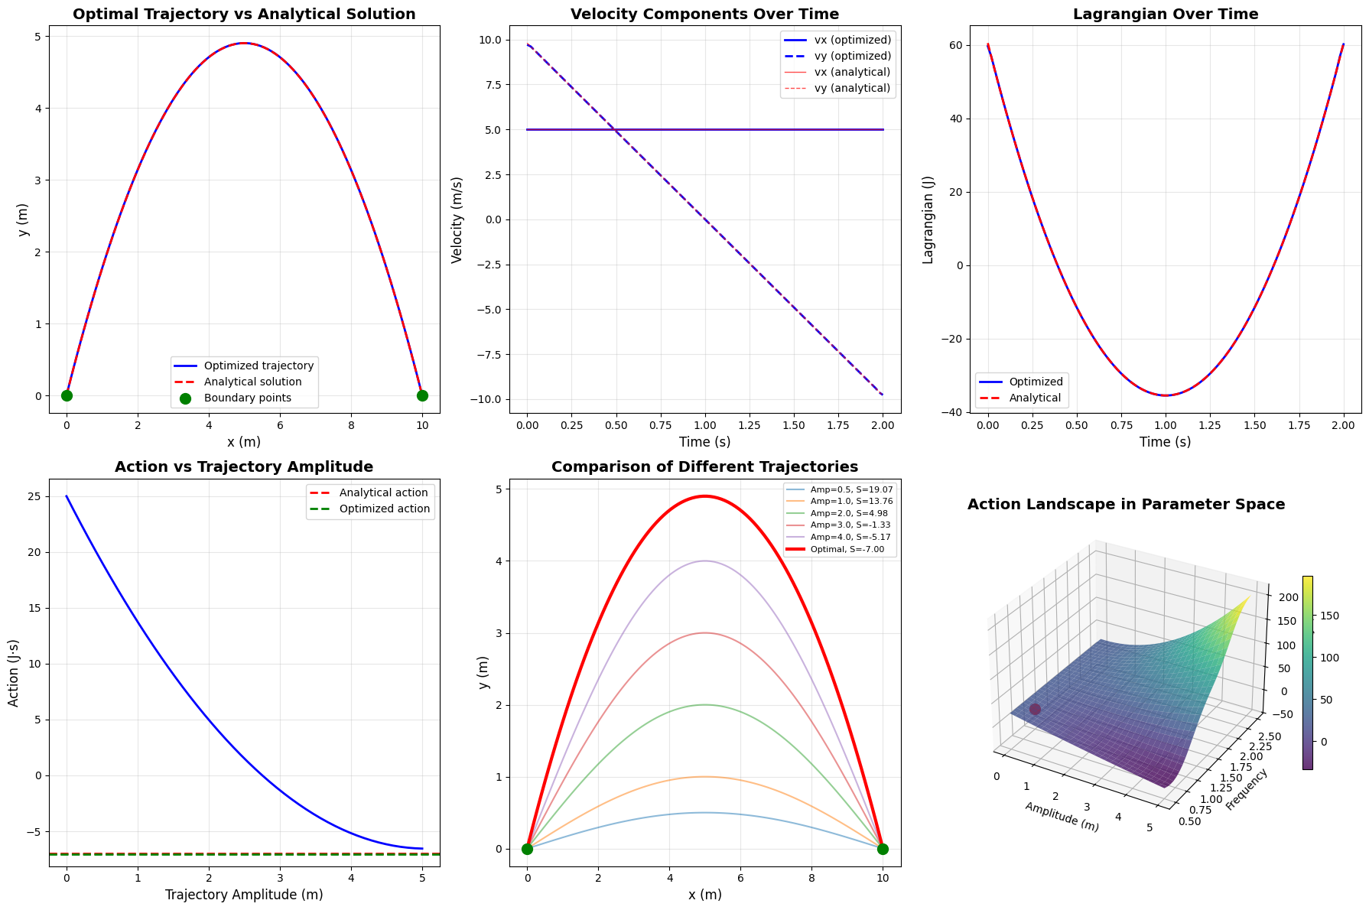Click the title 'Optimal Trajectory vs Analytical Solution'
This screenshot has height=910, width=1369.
point(244,15)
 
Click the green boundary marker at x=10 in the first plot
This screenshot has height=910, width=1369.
point(422,395)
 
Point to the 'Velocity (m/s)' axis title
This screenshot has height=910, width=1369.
point(457,219)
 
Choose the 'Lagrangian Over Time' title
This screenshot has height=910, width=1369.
point(1165,15)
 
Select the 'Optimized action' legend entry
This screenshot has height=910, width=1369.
point(384,509)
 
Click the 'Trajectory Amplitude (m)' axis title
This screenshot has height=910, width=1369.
point(244,895)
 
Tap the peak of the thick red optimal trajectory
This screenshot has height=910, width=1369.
point(704,496)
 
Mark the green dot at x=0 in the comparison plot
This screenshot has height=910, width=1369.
point(527,849)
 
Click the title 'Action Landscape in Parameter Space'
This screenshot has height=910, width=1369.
point(1126,505)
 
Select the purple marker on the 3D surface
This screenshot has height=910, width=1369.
point(1035,710)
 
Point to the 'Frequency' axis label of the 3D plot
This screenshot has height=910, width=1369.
point(1247,790)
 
